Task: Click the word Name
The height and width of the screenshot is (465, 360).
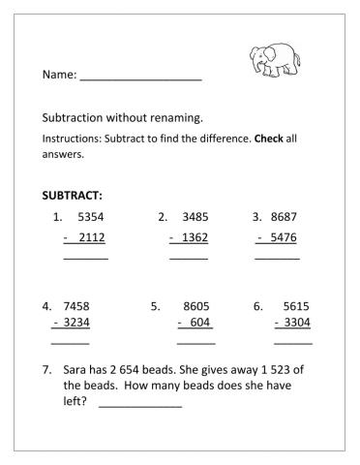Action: point(59,75)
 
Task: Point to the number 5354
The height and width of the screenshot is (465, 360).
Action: point(90,216)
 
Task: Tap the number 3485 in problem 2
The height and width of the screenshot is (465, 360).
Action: point(195,216)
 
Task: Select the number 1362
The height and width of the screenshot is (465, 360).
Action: point(195,238)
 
